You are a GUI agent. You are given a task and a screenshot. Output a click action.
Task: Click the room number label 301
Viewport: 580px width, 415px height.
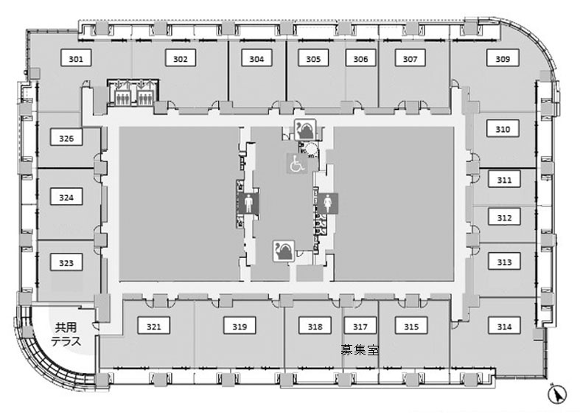(x=76, y=58)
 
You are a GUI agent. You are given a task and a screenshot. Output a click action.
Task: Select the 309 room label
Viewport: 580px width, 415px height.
(x=503, y=58)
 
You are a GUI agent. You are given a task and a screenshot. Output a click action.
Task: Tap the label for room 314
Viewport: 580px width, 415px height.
(x=504, y=326)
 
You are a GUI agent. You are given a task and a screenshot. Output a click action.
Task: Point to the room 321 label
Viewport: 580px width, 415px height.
(x=153, y=326)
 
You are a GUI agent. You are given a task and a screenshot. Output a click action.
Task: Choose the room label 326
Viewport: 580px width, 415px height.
(x=66, y=138)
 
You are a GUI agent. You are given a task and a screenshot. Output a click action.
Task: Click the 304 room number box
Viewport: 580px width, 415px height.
(x=256, y=58)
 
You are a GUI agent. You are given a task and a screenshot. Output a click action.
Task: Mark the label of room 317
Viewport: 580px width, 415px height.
(x=360, y=326)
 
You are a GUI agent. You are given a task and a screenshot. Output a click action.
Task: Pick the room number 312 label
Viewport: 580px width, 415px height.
(x=504, y=217)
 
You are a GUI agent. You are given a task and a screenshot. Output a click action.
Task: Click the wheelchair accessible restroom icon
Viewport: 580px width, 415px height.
(x=298, y=164)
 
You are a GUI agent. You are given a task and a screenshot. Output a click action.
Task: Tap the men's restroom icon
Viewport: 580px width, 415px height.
(x=248, y=203)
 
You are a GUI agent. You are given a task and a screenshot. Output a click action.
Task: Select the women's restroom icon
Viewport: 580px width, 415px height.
(x=328, y=203)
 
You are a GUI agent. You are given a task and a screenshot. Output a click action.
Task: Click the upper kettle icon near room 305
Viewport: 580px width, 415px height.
(x=305, y=130)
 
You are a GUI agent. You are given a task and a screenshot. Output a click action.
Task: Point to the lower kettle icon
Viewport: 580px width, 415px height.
(x=284, y=251)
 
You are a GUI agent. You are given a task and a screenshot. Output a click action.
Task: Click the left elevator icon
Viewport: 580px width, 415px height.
(x=122, y=92)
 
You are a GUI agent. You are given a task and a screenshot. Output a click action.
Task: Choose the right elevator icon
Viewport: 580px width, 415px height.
(x=144, y=92)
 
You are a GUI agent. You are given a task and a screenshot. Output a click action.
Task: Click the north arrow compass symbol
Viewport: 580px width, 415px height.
(x=557, y=394)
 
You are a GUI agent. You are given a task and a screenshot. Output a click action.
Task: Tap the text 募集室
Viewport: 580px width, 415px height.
(x=360, y=349)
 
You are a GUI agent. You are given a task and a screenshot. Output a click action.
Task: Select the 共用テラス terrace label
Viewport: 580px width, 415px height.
(x=66, y=334)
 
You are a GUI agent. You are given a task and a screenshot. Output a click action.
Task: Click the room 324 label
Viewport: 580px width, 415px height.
(x=66, y=197)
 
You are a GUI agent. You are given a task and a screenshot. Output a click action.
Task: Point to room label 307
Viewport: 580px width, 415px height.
(x=410, y=58)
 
